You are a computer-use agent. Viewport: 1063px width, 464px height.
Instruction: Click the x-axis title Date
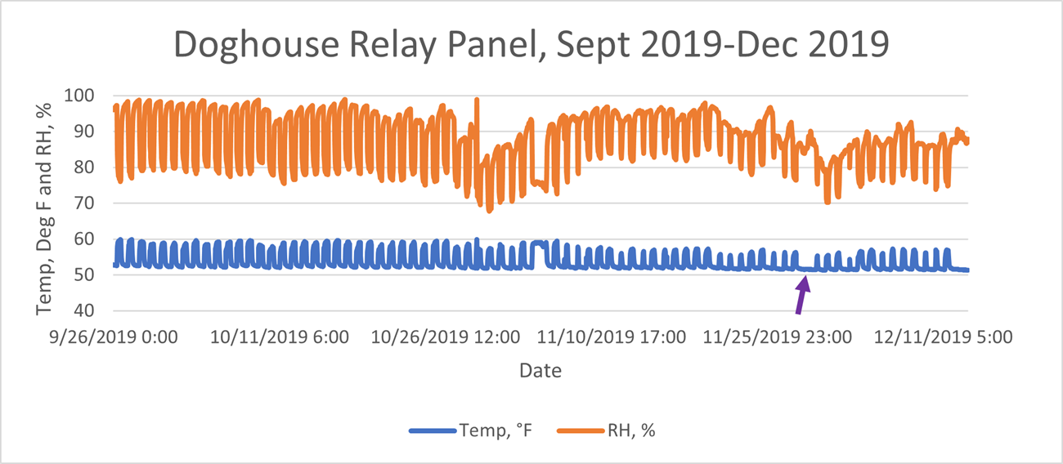click(x=540, y=371)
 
